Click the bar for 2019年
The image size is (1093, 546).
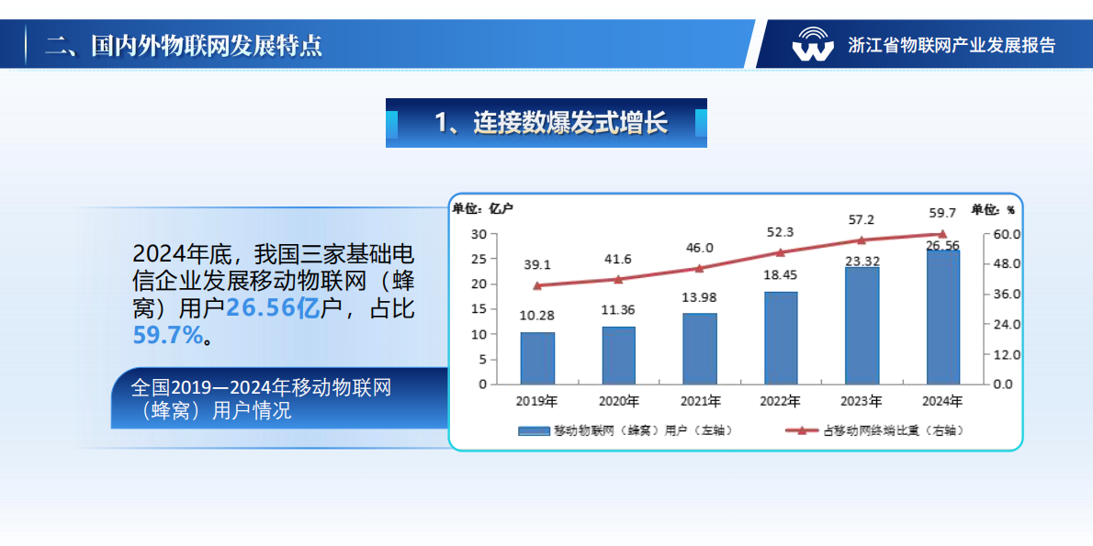tap(537, 358)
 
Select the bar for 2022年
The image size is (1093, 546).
tap(781, 338)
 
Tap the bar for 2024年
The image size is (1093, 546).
tap(943, 317)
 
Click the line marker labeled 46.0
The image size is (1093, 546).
tap(699, 269)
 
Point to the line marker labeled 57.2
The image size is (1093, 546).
tap(862, 240)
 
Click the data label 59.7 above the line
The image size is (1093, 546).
tap(942, 212)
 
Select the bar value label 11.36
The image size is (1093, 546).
tap(618, 309)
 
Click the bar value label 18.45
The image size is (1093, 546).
tap(781, 274)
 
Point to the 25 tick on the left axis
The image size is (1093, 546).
tap(479, 259)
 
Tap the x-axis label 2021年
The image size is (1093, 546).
tap(700, 401)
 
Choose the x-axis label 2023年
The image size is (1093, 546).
tap(862, 401)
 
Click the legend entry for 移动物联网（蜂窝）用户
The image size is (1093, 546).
tap(625, 429)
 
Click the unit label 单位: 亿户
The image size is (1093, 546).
tap(482, 208)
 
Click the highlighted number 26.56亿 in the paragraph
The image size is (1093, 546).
tap(273, 308)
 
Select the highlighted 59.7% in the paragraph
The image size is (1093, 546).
tap(167, 335)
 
